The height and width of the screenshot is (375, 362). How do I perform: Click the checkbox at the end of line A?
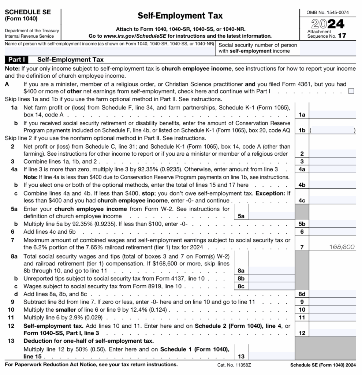pos(351,91)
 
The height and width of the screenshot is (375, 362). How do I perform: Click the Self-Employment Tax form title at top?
pos(180,16)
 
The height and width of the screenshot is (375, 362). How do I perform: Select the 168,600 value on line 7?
pos(342,247)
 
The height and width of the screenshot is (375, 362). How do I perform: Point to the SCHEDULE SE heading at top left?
pos(27,12)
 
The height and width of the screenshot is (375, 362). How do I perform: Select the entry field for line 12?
pos(332,333)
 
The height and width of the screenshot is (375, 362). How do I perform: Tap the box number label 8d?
pos(302,294)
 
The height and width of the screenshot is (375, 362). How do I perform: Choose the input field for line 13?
pos(271,356)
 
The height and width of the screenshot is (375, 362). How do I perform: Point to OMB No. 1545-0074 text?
pos(327,12)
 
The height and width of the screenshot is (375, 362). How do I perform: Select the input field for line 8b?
pos(271,278)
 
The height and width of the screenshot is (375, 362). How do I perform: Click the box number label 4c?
pos(302,201)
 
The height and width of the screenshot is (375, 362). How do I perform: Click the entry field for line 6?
pos(332,231)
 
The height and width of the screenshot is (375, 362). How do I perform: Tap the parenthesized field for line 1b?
pos(332,130)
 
